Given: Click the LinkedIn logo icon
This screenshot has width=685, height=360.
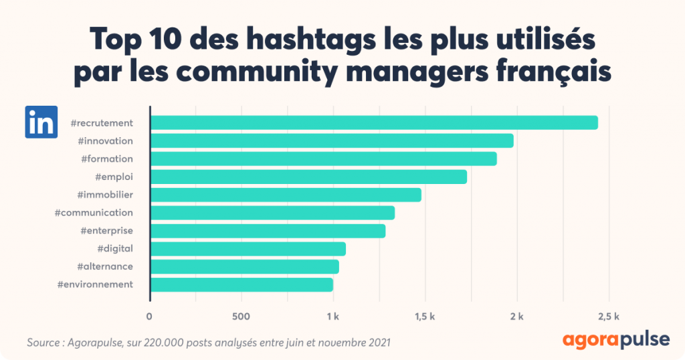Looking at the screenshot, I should click(x=41, y=122).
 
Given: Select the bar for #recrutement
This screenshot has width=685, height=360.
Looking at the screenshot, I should click(x=373, y=122).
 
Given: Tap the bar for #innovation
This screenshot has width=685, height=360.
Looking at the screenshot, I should click(x=331, y=141).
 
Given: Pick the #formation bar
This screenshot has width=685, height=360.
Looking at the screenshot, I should click(x=323, y=159).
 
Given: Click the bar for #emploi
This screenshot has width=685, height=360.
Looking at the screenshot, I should click(x=308, y=177).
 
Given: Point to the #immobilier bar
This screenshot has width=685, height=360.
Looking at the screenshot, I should click(x=286, y=195).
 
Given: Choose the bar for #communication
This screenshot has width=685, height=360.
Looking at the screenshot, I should click(x=272, y=213).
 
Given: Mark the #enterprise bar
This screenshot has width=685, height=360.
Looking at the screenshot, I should click(x=268, y=231).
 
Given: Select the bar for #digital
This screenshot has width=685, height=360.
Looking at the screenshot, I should click(x=248, y=249).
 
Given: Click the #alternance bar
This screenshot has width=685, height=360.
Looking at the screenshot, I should click(x=244, y=266).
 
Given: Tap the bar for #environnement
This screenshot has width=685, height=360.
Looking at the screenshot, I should click(x=241, y=284).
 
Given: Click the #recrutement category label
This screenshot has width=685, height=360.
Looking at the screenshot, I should click(x=102, y=122).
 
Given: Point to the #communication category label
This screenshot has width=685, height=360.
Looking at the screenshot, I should click(x=94, y=213).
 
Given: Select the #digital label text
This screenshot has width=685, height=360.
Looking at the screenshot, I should click(x=115, y=249).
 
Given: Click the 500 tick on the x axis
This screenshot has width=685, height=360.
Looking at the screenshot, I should click(x=241, y=316).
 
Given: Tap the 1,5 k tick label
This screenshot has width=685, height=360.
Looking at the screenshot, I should click(x=424, y=316).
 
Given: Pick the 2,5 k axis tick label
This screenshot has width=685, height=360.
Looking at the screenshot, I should click(x=607, y=316).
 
